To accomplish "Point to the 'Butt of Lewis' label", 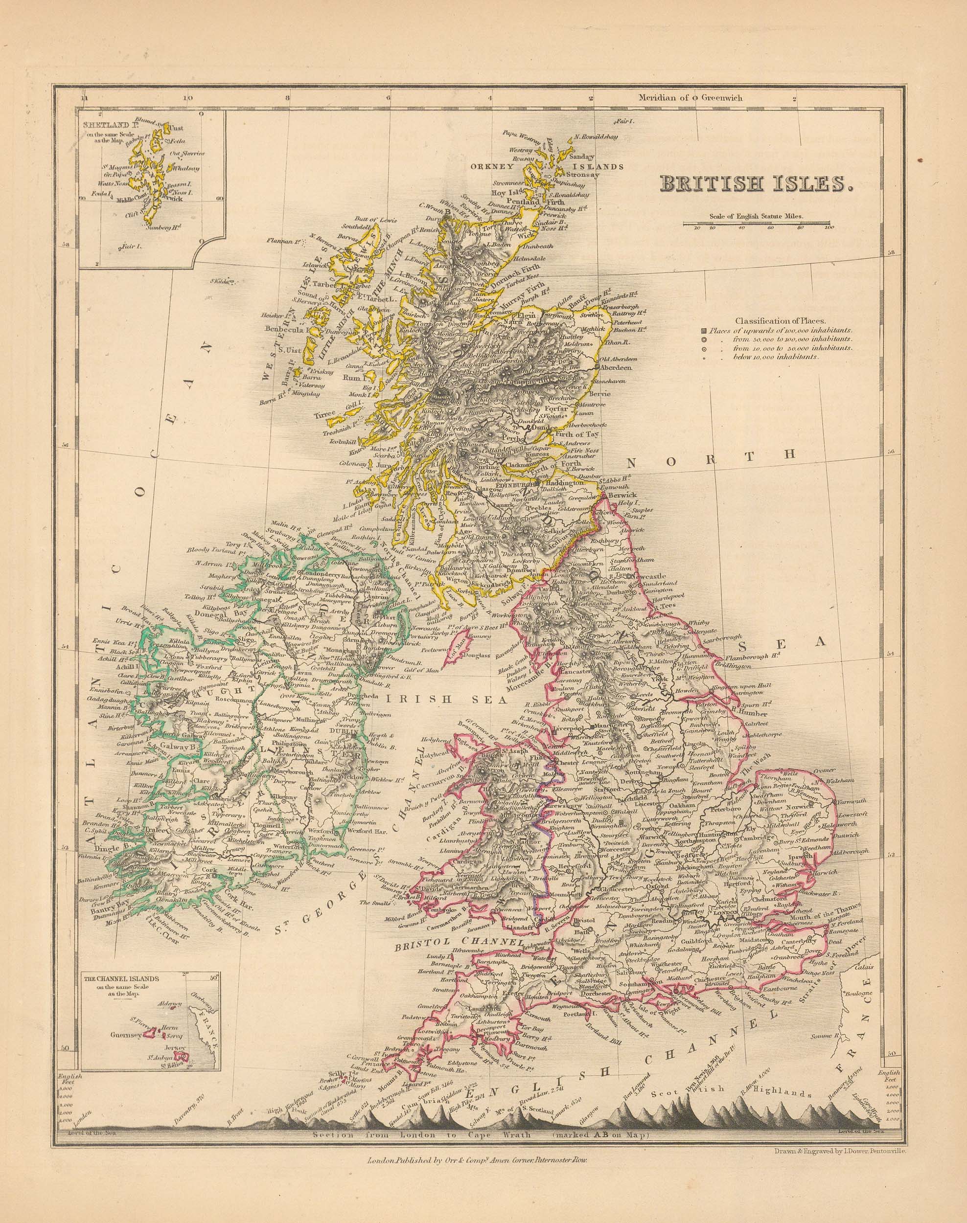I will click(377, 220).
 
